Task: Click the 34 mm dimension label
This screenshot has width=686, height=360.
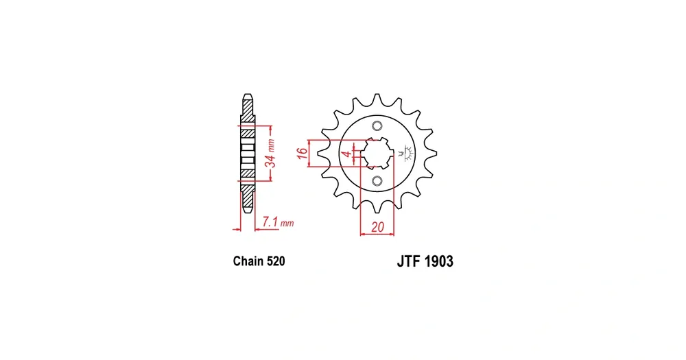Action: (x=271, y=154)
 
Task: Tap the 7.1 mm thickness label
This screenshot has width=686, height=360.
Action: (x=278, y=222)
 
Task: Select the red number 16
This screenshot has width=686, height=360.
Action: (x=302, y=153)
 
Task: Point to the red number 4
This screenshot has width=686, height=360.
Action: (x=346, y=154)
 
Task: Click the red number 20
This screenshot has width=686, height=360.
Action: (x=377, y=227)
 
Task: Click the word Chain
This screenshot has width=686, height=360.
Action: (x=248, y=261)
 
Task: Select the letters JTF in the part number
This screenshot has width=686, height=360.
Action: (x=409, y=261)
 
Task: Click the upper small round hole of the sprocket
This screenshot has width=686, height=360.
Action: (x=377, y=126)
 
